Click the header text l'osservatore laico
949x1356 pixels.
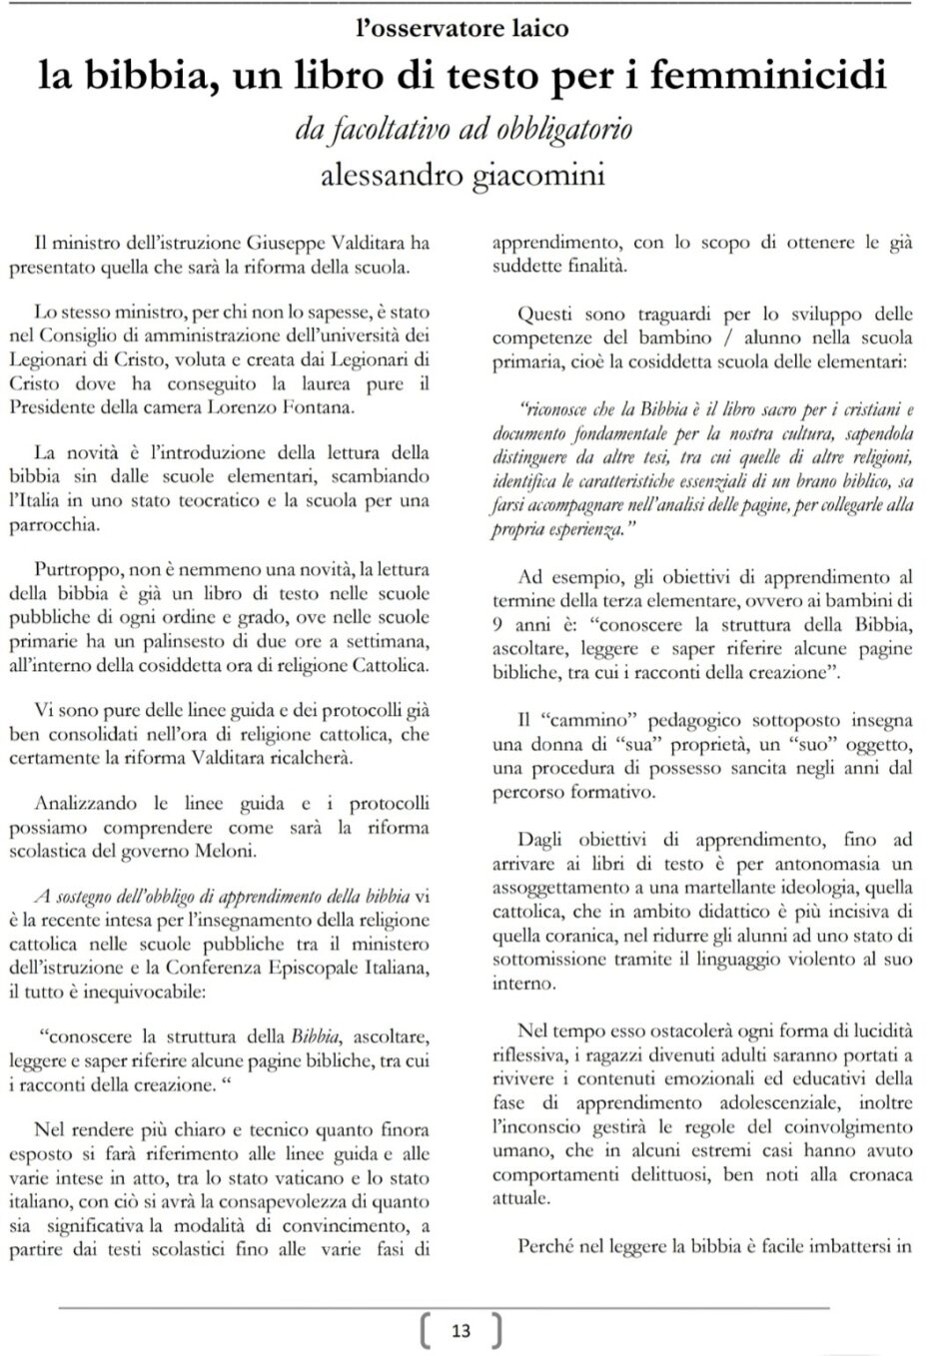462,29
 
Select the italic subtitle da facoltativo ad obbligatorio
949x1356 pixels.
463,130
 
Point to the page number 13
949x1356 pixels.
461,1330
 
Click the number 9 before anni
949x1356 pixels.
498,625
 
